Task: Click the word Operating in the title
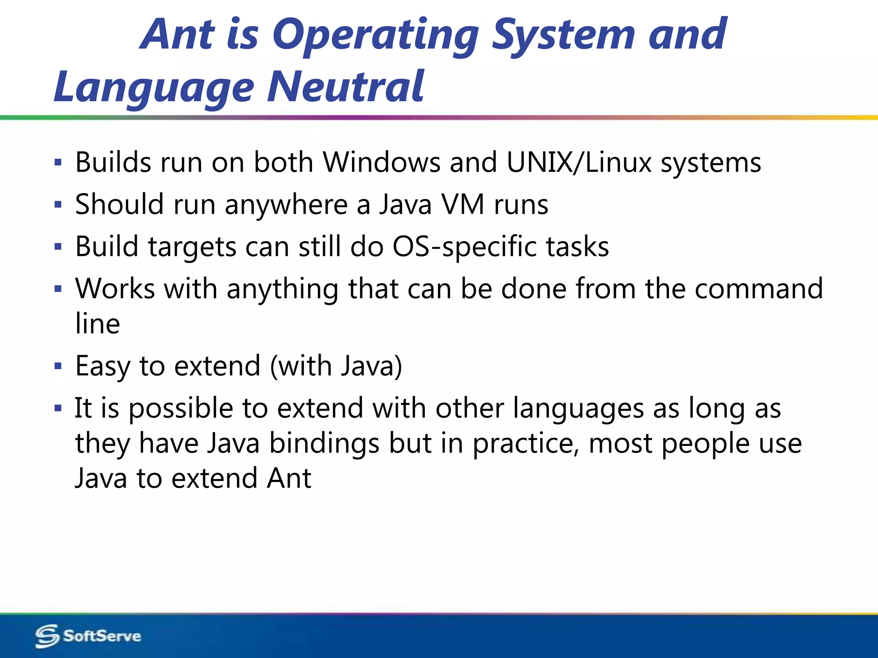coord(375,35)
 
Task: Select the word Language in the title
coord(154,88)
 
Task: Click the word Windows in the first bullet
coord(382,162)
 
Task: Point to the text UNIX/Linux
coord(579,162)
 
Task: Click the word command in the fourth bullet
coord(758,289)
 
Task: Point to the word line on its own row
coord(97,323)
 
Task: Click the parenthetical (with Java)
coord(336,366)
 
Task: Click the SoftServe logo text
coord(102,636)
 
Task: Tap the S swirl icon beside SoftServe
coord(47,636)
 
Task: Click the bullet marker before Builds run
coord(58,163)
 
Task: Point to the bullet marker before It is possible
coord(58,408)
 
